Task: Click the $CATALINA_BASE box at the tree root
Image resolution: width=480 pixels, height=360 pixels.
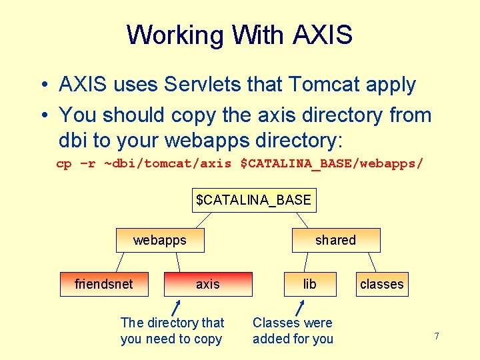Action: (253, 200)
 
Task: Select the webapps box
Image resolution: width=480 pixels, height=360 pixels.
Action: (160, 240)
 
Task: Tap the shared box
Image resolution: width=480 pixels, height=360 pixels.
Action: (335, 240)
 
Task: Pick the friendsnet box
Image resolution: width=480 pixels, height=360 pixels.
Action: (103, 284)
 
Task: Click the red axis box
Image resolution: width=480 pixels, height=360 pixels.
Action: (208, 284)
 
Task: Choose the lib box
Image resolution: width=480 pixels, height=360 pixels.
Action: (309, 284)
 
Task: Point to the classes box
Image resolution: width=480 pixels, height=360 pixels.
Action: (381, 284)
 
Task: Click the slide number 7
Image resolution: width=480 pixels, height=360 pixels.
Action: (437, 336)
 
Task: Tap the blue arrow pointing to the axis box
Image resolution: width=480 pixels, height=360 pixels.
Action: (176, 308)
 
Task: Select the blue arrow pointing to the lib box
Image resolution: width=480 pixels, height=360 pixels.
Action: (300, 308)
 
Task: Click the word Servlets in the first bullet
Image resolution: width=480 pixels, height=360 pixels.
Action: (197, 85)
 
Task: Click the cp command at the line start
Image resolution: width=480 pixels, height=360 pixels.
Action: (63, 163)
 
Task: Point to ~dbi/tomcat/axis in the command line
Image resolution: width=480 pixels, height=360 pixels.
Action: (167, 163)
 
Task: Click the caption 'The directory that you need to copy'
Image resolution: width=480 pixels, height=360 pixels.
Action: (172, 331)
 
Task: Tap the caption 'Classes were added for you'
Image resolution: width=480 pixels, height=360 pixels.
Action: (293, 331)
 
